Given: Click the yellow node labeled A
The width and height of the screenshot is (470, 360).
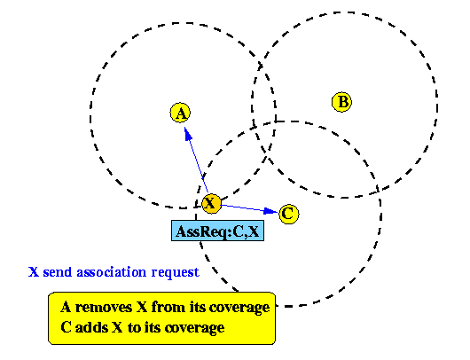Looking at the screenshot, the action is pyautogui.click(x=180, y=113).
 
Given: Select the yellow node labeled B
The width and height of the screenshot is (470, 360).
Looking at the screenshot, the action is pyautogui.click(x=342, y=102).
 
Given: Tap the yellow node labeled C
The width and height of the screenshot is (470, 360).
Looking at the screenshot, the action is pyautogui.click(x=289, y=214).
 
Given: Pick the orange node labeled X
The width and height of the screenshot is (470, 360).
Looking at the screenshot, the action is pyautogui.click(x=211, y=204).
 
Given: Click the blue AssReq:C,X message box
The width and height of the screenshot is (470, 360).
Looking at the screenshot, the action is pyautogui.click(x=217, y=231).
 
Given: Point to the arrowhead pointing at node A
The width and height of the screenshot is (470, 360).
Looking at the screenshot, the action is pyautogui.click(x=188, y=134).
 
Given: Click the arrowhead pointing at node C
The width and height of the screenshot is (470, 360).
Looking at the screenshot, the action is pyautogui.click(x=270, y=211).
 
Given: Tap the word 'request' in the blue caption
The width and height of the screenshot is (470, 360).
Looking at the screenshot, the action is pyautogui.click(x=176, y=273).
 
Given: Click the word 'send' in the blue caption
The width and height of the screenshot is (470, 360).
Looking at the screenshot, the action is pyautogui.click(x=58, y=272).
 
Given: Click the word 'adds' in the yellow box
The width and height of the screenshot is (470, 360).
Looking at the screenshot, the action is pyautogui.click(x=91, y=327).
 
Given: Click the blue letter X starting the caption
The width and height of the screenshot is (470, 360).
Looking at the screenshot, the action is pyautogui.click(x=34, y=272).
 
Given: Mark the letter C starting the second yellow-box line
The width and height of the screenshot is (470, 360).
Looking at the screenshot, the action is pyautogui.click(x=66, y=327).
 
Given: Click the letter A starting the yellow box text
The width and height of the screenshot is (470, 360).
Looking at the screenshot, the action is pyautogui.click(x=66, y=308).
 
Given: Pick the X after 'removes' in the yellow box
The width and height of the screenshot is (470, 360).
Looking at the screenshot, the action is pyautogui.click(x=142, y=308).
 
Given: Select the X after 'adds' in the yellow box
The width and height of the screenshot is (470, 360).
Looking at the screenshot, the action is pyautogui.click(x=117, y=327).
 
